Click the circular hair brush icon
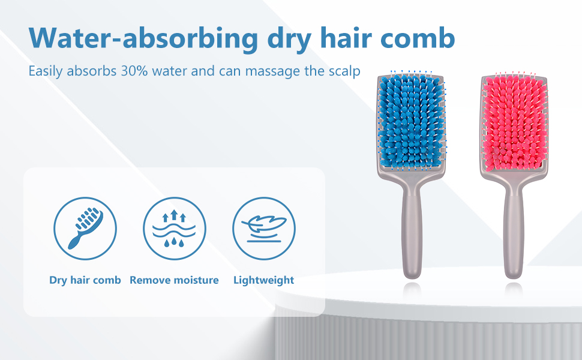pos(85,228)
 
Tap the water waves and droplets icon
pos(174,228)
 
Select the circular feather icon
pos(264,228)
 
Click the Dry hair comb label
pos(85,280)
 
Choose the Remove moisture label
pos(174,280)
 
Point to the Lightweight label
pos(264,280)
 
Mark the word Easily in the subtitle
pos(46,71)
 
